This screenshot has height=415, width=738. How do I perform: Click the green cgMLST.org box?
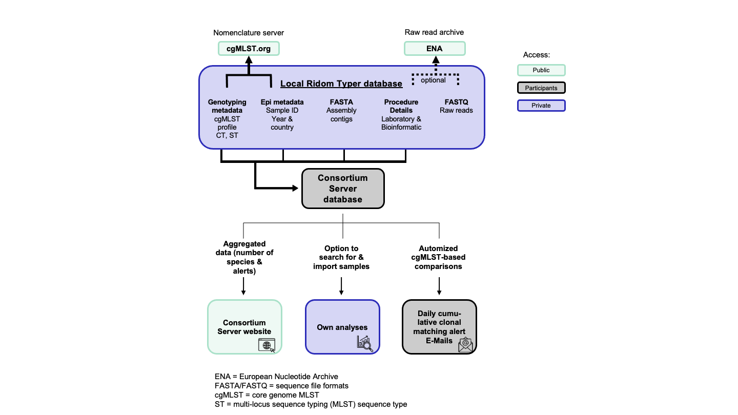pos(249,49)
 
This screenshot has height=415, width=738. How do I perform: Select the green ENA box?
pos(435,49)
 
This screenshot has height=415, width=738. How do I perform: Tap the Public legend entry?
pos(541,70)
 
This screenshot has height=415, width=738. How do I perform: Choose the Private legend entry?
pos(541,106)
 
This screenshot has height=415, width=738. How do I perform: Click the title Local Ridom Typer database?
pos(341,84)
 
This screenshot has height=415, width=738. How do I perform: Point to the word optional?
pos(433,80)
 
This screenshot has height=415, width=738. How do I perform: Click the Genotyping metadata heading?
pos(227,106)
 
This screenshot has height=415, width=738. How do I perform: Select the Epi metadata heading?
pos(282,102)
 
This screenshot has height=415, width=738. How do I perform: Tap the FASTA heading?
pos(341,102)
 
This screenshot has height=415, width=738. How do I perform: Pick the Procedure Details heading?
pos(401,106)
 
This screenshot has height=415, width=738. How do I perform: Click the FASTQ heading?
pos(456,102)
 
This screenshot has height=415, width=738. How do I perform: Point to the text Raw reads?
pos(456,110)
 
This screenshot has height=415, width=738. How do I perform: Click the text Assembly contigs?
pos(341,115)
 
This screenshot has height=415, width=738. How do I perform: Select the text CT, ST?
pos(227,136)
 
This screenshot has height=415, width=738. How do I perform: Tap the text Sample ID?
pos(282,110)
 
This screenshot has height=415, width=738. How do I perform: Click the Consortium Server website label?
pos(244,327)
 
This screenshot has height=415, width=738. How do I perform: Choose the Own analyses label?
pos(342,327)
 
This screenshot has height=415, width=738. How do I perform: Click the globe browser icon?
pos(266,345)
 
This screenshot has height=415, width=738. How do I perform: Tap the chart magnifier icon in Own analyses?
pos(364,344)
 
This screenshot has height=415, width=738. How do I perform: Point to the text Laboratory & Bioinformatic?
pos(401,123)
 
